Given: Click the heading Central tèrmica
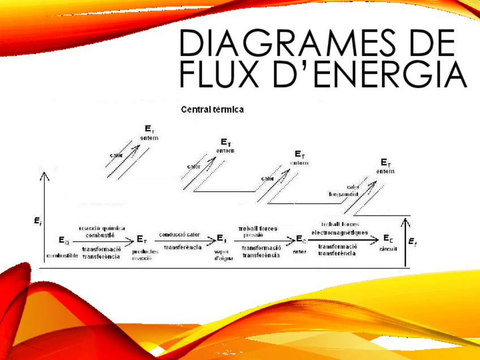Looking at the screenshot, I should [x=213, y=109].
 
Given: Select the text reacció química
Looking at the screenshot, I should [x=101, y=228].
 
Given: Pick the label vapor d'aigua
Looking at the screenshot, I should [x=221, y=255].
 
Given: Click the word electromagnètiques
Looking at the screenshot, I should [x=340, y=232].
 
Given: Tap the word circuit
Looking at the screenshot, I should [x=388, y=248].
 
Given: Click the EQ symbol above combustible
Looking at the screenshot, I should [x=64, y=241].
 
